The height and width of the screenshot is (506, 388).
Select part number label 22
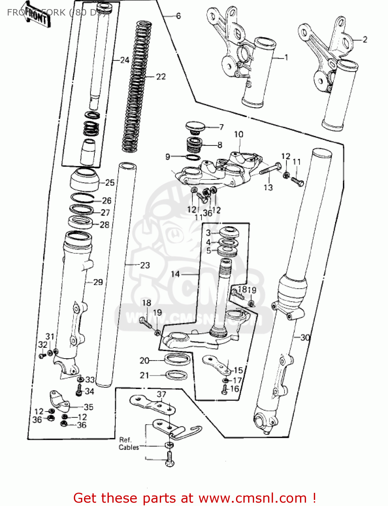[x=161, y=77]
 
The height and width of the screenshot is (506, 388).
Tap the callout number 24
[x=125, y=60]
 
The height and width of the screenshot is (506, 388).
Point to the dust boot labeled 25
[x=84, y=179]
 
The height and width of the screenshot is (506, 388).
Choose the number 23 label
[x=145, y=265]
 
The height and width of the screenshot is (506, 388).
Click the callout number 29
[x=98, y=282]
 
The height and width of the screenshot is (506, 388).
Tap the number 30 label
[x=305, y=337]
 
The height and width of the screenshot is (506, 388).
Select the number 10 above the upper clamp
[x=239, y=134]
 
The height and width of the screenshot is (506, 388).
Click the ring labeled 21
[x=177, y=375]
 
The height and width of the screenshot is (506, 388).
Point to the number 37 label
[x=161, y=394]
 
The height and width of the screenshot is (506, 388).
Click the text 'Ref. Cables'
[x=128, y=444]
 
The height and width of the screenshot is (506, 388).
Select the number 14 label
[x=175, y=274]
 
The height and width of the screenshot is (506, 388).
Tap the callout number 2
[x=365, y=39]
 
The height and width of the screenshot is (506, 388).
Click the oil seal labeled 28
[x=80, y=222]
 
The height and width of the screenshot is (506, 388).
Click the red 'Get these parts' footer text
[x=195, y=498]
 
